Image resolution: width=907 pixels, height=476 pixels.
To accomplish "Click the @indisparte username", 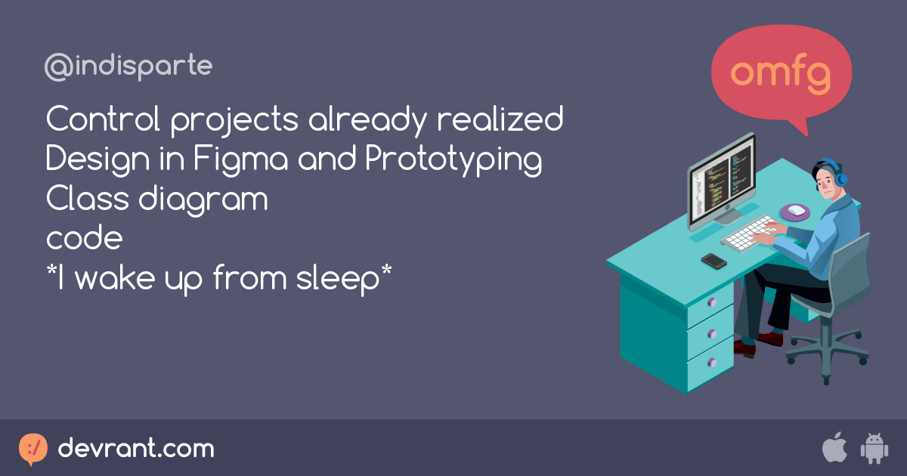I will (128, 67).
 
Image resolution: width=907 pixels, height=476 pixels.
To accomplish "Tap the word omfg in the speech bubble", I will (782, 73).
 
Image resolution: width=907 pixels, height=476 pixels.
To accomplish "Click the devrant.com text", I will (136, 449).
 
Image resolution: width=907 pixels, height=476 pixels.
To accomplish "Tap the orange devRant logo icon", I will (33, 449).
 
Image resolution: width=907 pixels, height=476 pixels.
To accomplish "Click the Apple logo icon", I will (834, 448).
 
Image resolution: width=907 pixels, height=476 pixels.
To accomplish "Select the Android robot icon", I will (874, 449).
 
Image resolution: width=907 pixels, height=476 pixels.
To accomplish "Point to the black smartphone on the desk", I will (714, 261).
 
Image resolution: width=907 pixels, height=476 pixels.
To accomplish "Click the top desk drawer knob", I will (711, 302).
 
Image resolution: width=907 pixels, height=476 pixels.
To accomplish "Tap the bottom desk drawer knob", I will (711, 362).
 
